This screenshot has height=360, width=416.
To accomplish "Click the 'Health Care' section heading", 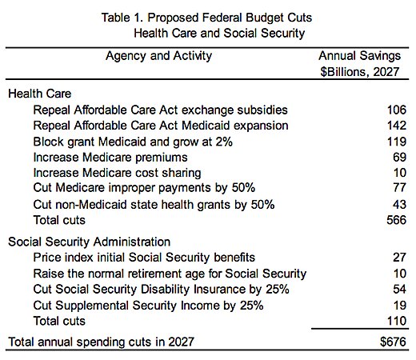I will point(40,94).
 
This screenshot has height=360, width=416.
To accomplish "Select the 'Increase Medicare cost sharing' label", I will point(117,173).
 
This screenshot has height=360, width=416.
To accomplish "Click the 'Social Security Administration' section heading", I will point(89,242).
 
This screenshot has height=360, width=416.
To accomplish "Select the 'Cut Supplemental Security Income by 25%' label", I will point(147,305).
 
